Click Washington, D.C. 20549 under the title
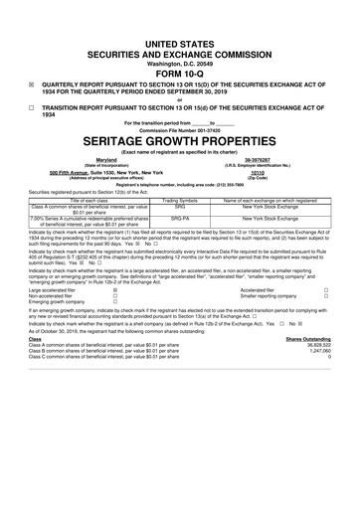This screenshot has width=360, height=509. (179, 61)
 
